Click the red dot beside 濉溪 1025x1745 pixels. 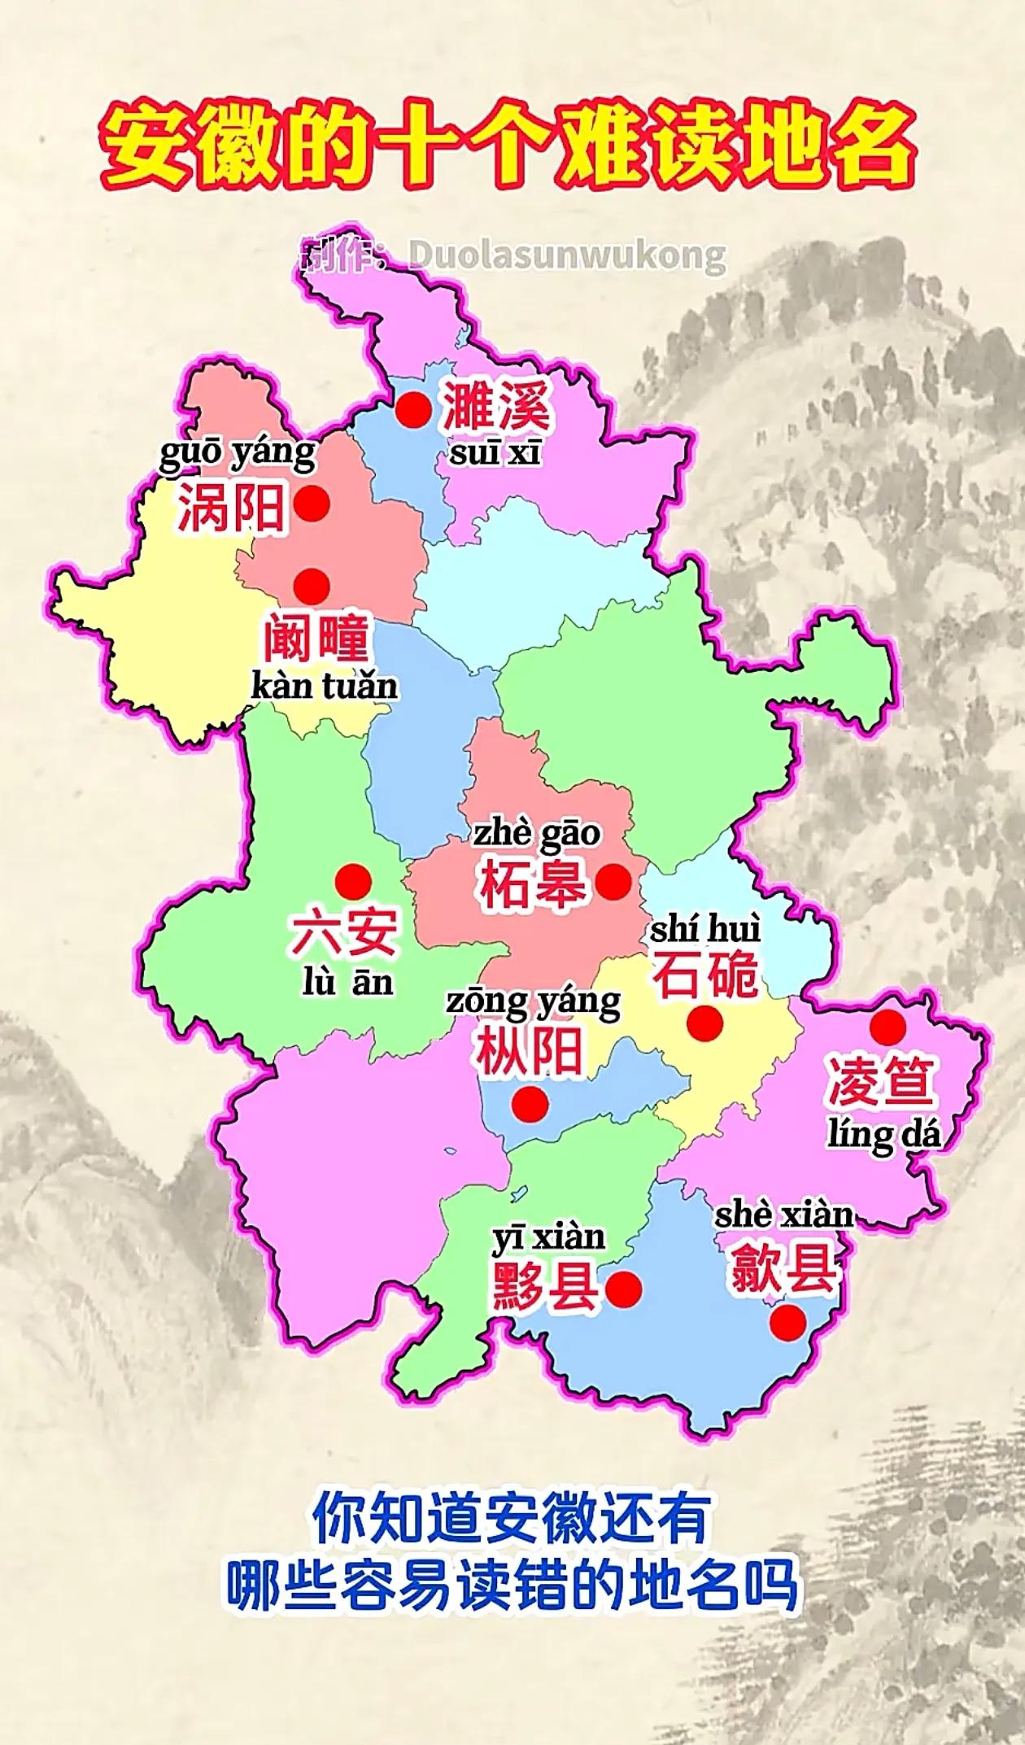[x=413, y=409]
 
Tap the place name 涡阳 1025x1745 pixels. [x=232, y=506]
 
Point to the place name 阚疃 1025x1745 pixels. [x=315, y=639]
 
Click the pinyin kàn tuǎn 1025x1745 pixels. [x=325, y=687]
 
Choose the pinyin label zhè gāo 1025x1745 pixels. [x=537, y=833]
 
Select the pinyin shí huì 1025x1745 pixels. [x=705, y=928]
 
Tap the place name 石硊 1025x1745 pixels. [x=706, y=975]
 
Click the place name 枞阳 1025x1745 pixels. [x=530, y=1050]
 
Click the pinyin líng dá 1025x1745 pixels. [x=883, y=1134]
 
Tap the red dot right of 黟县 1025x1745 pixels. [x=624, y=1288]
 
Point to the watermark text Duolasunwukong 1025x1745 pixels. [x=566, y=255]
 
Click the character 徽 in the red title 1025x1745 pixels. [x=272, y=149]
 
